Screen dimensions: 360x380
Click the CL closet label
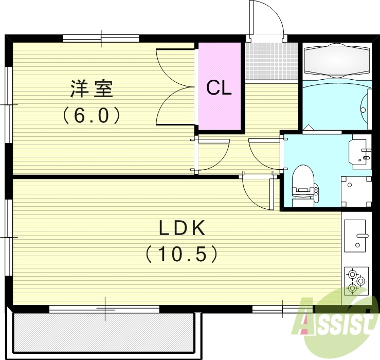pos(219,88)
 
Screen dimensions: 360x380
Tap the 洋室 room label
pos(91,89)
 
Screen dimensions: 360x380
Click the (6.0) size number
pos(92,115)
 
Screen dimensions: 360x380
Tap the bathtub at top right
pos(337,61)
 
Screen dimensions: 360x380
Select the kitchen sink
pos(355,235)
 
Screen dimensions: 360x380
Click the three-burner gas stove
pos(355,281)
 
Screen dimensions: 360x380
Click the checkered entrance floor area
pos(272,61)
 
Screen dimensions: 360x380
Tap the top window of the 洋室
pos(101,38)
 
